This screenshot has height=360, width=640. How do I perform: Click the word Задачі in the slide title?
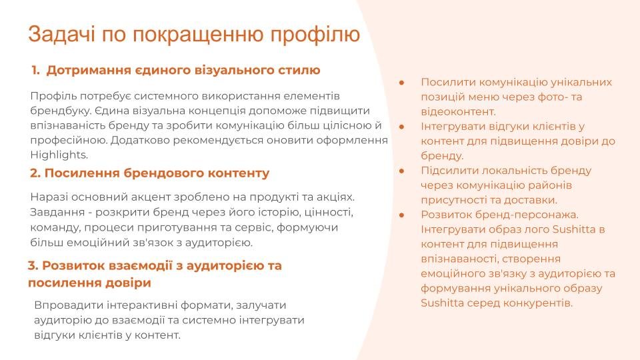(x=61, y=35)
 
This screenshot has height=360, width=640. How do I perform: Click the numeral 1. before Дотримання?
(x=35, y=70)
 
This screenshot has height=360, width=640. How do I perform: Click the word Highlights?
(x=59, y=155)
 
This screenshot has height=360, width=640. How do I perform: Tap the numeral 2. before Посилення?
(x=35, y=173)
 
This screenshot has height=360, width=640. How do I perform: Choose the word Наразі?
(x=49, y=197)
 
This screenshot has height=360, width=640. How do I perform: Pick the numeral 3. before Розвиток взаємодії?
(x=33, y=266)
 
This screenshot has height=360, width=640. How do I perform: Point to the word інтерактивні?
(x=141, y=305)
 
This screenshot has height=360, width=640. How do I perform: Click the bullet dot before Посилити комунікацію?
(x=401, y=83)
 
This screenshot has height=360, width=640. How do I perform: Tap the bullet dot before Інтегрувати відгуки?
(x=401, y=127)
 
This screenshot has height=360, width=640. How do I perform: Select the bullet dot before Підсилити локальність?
(x=401, y=171)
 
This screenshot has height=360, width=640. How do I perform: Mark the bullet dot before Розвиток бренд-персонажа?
(x=401, y=215)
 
